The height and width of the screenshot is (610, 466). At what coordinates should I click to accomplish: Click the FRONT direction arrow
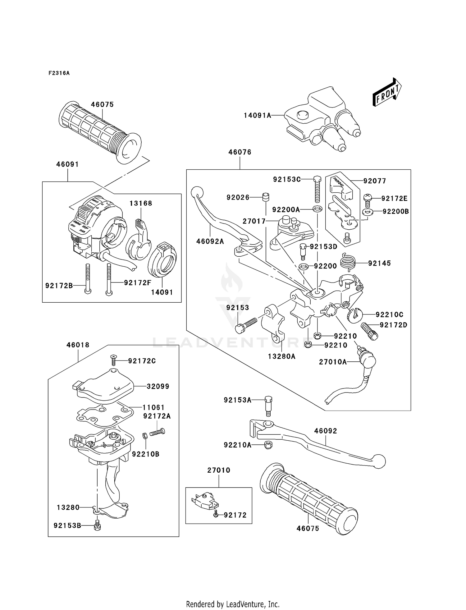[x=387, y=93]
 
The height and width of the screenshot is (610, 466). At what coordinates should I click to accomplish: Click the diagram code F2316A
[x=59, y=73]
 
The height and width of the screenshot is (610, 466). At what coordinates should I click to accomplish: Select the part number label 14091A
[x=257, y=116]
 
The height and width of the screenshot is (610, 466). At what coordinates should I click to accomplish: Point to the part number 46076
[x=240, y=152]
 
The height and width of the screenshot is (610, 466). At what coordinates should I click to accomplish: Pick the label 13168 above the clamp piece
[x=141, y=203]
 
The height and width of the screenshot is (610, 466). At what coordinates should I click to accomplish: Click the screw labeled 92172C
[x=113, y=360]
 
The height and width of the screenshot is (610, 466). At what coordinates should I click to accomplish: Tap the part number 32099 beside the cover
[x=158, y=386]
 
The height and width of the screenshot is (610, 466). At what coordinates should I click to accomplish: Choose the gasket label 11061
[x=153, y=407]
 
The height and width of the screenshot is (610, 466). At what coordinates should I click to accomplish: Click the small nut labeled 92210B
[x=144, y=436]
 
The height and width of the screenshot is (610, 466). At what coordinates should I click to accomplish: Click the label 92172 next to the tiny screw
[x=235, y=515]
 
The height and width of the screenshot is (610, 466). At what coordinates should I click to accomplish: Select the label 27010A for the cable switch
[x=333, y=362]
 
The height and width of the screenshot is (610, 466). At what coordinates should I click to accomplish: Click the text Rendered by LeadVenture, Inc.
[x=233, y=604]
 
